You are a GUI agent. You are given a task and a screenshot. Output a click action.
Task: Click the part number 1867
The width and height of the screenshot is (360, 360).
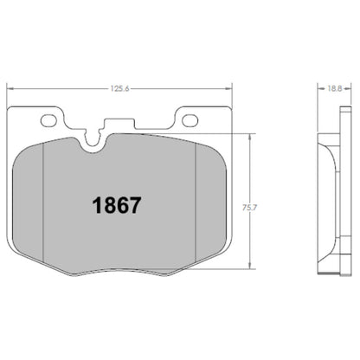pos(117,207)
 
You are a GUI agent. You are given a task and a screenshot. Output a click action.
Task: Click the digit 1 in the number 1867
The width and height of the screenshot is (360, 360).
pos(97,207)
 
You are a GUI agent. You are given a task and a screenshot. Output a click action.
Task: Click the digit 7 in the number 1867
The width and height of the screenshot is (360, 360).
pos(136,207)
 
